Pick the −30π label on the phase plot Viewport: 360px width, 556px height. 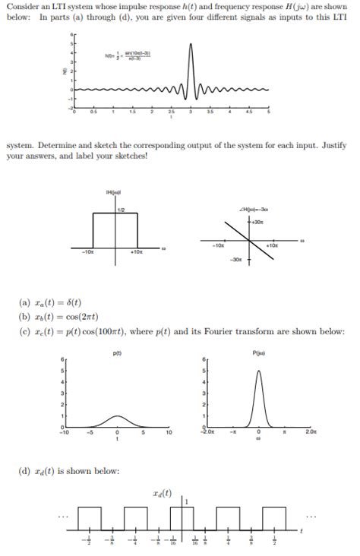coord(239,261)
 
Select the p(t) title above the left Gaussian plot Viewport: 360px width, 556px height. coord(117,352)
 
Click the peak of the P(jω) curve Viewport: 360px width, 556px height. coord(258,371)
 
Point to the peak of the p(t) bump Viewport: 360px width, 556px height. coord(117,415)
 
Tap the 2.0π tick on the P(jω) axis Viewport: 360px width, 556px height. coord(311,432)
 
